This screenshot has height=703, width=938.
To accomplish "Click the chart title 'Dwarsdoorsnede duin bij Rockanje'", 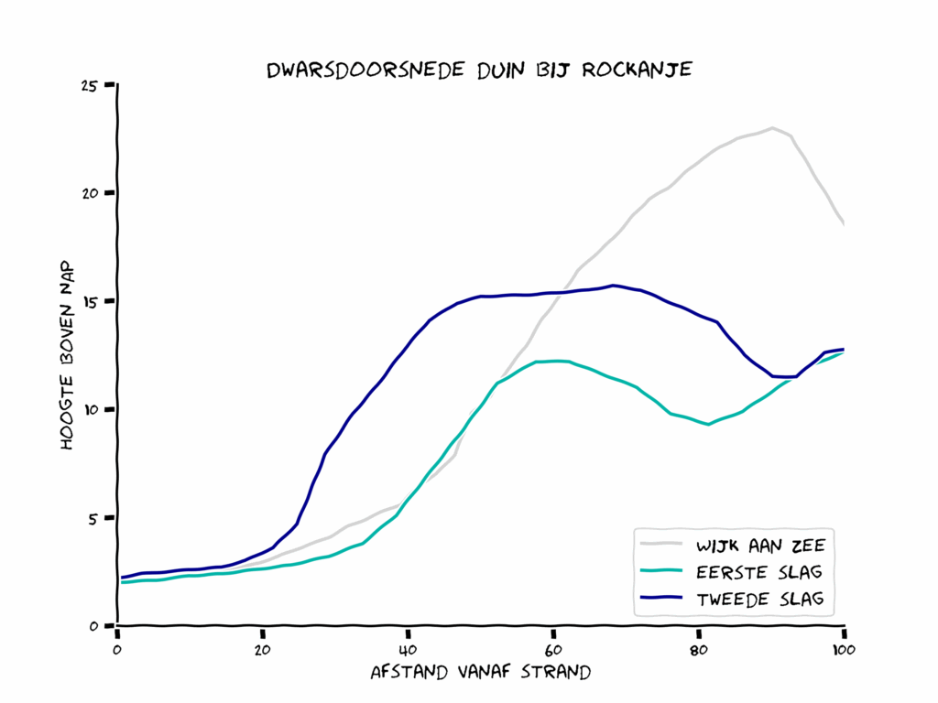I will click(x=478, y=70).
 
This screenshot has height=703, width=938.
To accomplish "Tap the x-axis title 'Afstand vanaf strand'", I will click(x=480, y=672).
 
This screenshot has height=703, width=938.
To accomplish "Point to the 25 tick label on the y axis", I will click(x=89, y=86).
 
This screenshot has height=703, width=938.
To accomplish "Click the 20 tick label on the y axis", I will click(x=89, y=194).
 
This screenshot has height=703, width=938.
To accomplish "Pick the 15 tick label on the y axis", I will click(x=89, y=302).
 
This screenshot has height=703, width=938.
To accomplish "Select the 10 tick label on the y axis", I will click(x=89, y=410).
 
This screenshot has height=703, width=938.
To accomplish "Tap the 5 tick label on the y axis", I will click(x=93, y=518).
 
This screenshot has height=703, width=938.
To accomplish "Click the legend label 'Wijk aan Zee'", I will click(x=760, y=546).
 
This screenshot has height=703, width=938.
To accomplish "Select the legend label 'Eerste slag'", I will click(x=759, y=573).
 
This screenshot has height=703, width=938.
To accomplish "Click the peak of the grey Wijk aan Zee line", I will click(x=772, y=128).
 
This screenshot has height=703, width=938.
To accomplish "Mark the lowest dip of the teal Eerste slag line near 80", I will click(x=708, y=424).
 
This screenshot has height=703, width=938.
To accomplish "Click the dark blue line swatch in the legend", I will click(x=661, y=599).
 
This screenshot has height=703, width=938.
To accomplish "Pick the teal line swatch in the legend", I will click(x=661, y=573).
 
